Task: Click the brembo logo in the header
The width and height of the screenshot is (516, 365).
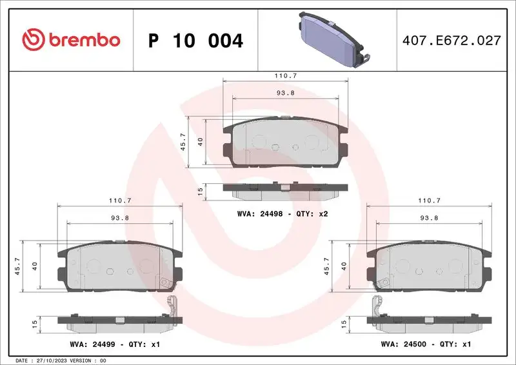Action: click(x=71, y=40)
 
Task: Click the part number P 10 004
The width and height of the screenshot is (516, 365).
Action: click(x=195, y=41)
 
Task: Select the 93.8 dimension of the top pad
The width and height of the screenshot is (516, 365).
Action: click(x=285, y=92)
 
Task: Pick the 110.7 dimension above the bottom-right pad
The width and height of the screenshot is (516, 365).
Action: click(x=428, y=201)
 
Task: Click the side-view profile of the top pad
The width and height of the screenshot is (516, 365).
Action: click(x=284, y=190)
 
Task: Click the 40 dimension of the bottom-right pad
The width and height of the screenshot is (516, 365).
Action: click(x=344, y=266)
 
